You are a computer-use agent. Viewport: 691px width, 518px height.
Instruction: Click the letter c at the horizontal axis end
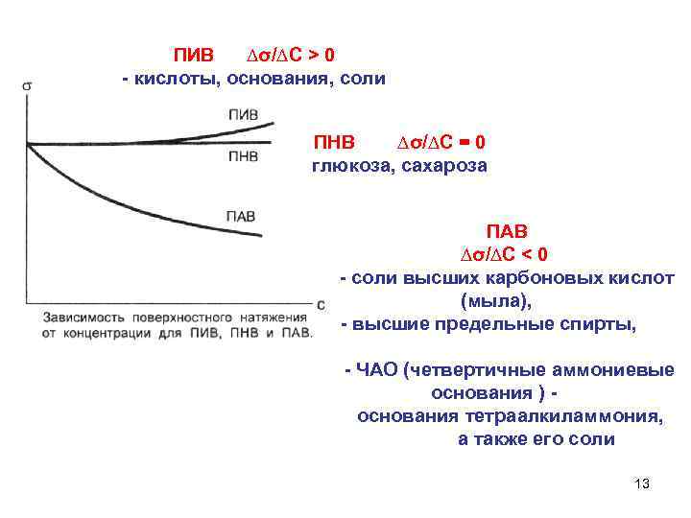[x=320, y=303]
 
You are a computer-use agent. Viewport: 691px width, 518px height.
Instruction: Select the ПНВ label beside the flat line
[x=243, y=155]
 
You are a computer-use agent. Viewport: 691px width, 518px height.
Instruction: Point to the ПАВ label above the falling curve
[x=240, y=216]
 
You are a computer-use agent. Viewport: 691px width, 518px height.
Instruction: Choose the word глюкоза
[x=352, y=166]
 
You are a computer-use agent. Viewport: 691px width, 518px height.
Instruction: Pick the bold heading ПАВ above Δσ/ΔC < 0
[x=507, y=231]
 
